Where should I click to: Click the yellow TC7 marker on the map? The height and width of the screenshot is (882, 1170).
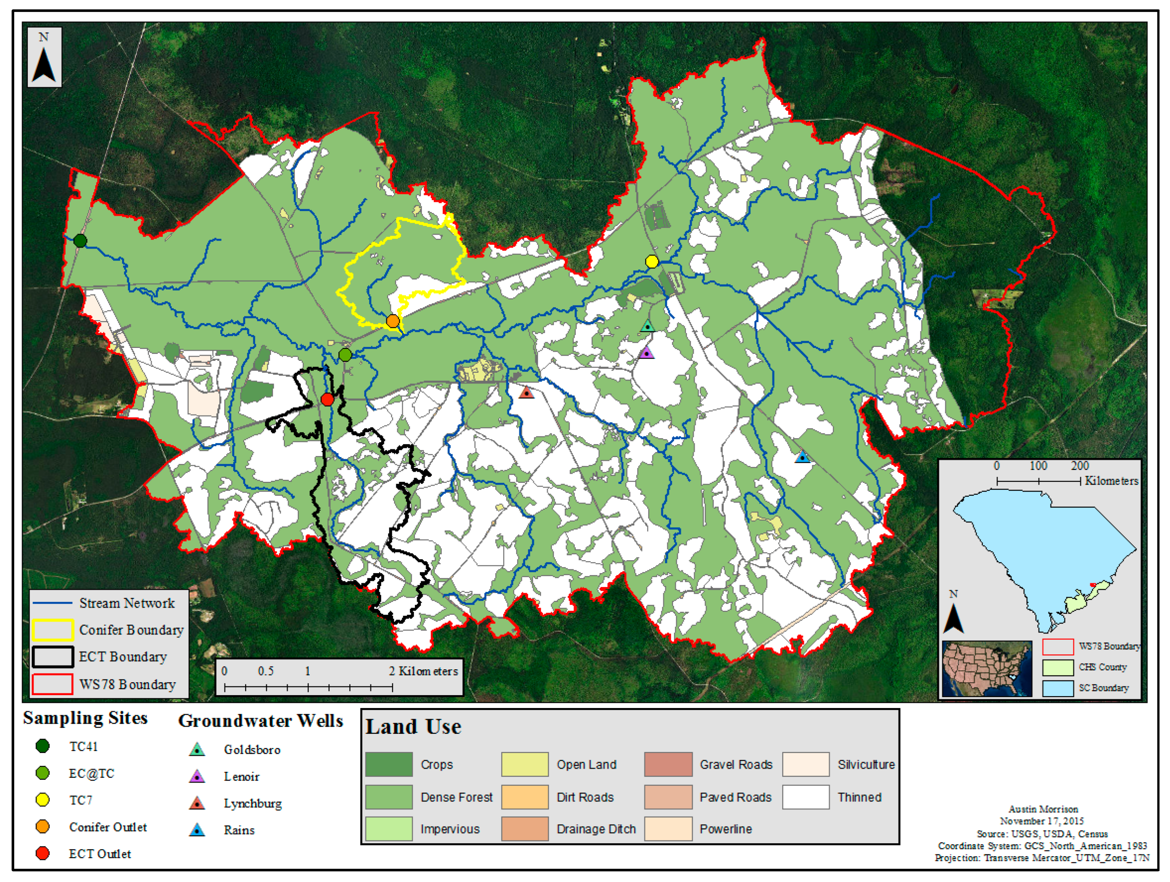tap(652, 261)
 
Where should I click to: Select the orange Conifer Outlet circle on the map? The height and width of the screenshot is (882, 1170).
tap(393, 320)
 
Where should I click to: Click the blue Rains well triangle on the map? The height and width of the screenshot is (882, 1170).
tap(803, 457)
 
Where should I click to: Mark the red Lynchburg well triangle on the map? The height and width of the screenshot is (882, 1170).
tap(526, 392)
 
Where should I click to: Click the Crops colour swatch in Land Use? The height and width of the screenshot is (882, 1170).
tap(389, 764)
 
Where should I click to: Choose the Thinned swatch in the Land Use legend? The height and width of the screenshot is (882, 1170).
tap(806, 797)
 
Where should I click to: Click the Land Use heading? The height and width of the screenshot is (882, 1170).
tap(413, 726)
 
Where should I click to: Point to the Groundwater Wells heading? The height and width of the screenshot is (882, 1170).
tap(260, 721)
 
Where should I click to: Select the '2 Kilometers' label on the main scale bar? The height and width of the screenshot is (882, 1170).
tap(423, 671)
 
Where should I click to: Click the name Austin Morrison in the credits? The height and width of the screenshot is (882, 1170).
tap(1043, 809)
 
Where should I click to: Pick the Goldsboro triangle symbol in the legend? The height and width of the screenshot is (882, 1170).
tap(197, 749)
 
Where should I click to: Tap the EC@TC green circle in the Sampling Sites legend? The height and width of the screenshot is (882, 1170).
tap(43, 773)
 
